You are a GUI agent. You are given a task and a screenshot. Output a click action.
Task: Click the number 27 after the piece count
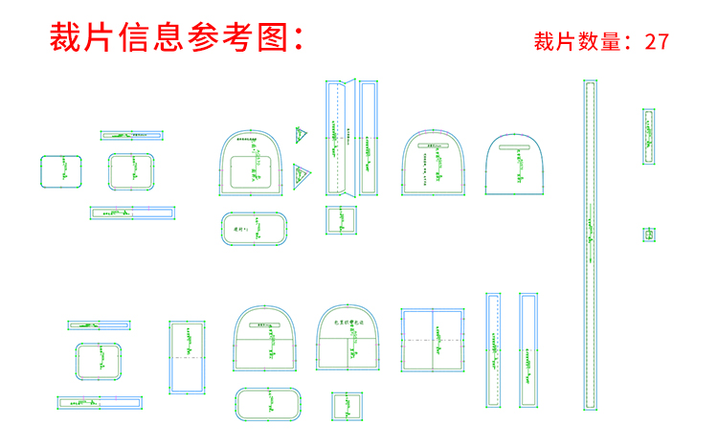tap(657, 41)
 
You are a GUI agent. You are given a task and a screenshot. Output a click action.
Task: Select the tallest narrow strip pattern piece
tap(592, 245)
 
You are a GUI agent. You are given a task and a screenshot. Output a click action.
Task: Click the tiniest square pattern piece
tap(650, 235)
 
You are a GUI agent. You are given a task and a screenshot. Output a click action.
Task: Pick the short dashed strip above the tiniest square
tap(649, 137)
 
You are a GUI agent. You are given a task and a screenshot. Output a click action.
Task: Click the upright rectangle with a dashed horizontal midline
tap(188, 357)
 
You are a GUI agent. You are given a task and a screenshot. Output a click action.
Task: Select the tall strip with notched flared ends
tap(369, 138)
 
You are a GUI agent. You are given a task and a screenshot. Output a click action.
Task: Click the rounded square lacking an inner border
tap(61, 171)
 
